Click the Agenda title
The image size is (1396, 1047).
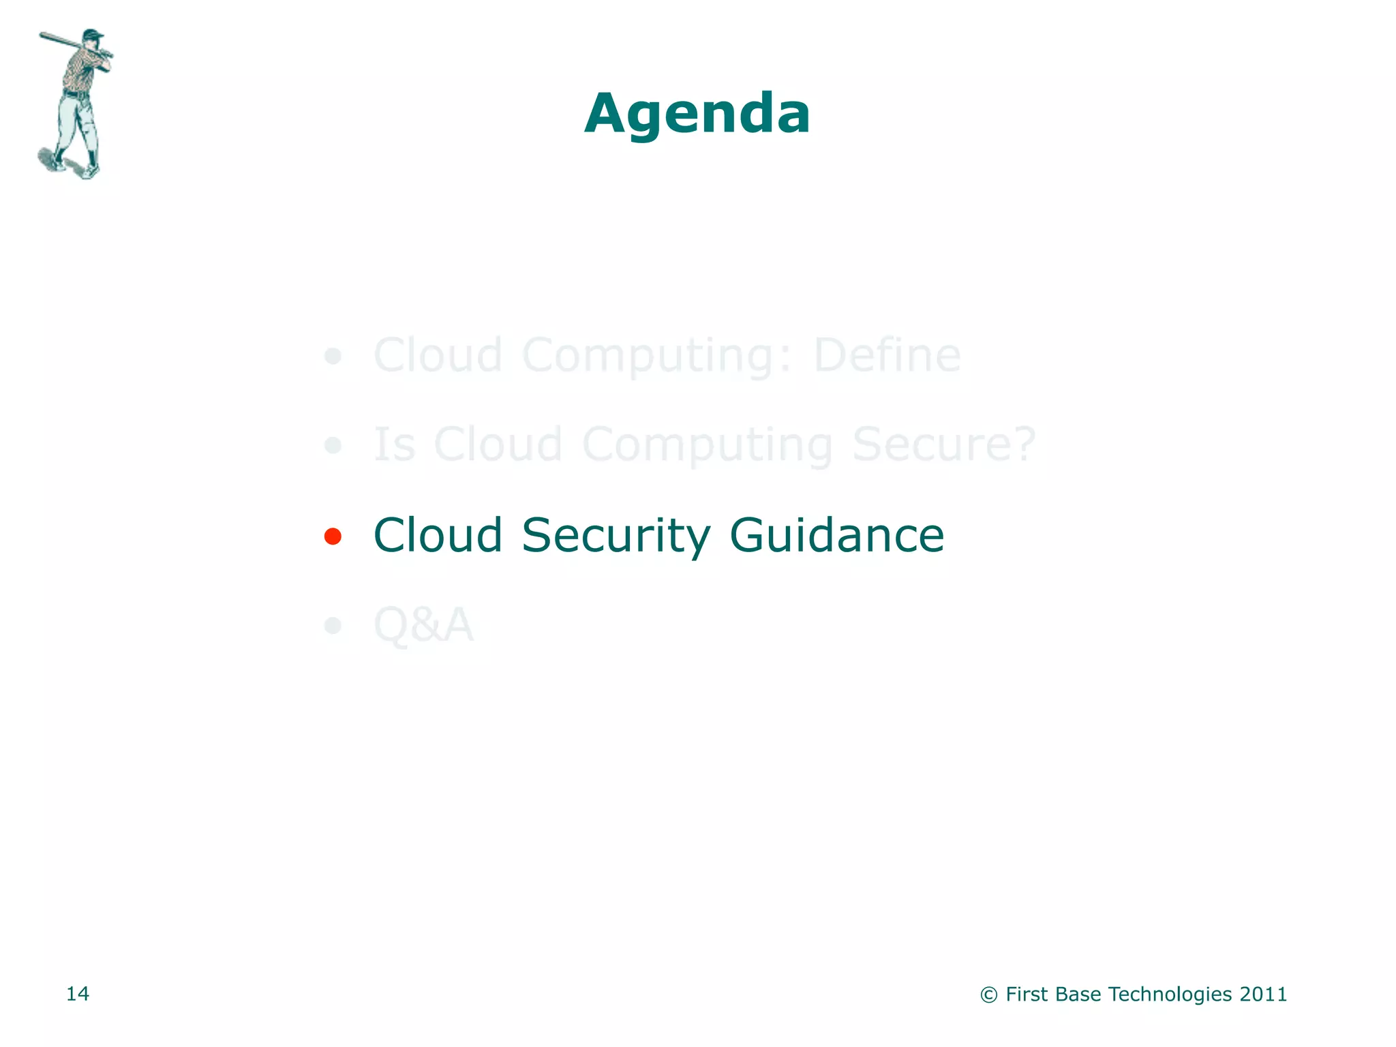tap(697, 113)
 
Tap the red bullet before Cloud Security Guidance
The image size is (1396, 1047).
tap(333, 536)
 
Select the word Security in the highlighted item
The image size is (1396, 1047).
tap(616, 536)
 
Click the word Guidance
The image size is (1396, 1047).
tap(836, 536)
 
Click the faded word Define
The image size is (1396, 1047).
tap(887, 355)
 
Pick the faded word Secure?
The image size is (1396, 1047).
tap(944, 445)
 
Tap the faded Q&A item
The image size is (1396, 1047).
tap(423, 624)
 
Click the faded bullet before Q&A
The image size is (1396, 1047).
tap(333, 625)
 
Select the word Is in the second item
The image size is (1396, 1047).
tap(395, 444)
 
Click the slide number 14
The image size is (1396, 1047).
tap(78, 994)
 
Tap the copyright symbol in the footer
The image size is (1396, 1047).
tap(988, 995)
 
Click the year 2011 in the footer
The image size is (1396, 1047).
tap(1263, 995)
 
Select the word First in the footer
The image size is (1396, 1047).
tap(1027, 995)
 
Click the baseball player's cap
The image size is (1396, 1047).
tap(92, 33)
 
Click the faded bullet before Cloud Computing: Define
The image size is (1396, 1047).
tap(333, 356)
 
